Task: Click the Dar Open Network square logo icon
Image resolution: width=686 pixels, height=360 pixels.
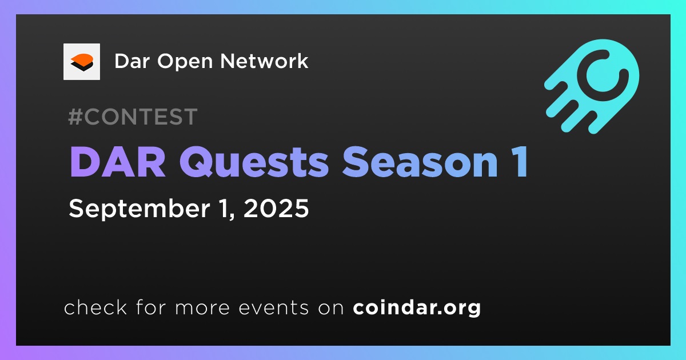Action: (x=81, y=62)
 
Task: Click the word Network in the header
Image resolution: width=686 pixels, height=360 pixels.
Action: (x=264, y=61)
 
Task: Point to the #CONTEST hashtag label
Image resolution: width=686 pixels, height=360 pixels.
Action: (x=133, y=117)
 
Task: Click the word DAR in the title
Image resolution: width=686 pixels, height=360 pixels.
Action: (x=118, y=162)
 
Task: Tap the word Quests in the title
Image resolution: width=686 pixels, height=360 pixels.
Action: (x=254, y=162)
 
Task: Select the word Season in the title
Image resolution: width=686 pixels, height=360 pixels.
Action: (x=420, y=162)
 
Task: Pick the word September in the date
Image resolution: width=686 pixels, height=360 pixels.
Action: (x=139, y=209)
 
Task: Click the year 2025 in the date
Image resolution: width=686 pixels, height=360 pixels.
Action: (x=276, y=209)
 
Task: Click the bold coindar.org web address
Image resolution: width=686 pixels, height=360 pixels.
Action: (x=417, y=307)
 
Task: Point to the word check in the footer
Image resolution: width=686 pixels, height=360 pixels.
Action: (x=95, y=307)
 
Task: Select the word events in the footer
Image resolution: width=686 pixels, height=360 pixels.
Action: (x=273, y=307)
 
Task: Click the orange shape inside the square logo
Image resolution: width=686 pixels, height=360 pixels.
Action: (x=82, y=58)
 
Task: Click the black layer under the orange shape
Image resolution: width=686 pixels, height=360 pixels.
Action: (x=82, y=66)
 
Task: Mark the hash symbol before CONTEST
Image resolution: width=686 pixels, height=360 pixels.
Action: (x=75, y=117)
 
